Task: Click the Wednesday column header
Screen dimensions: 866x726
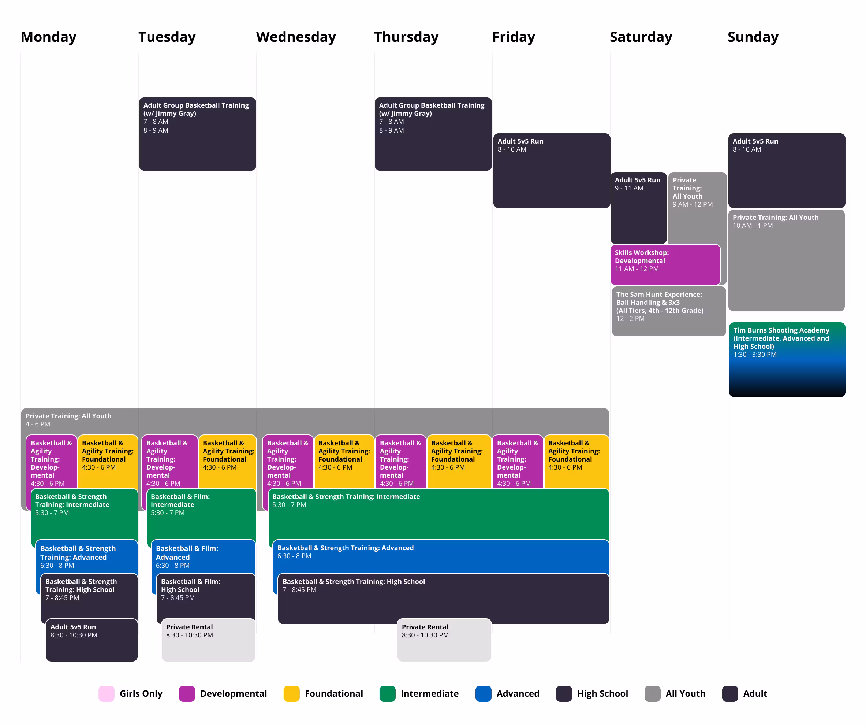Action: (x=296, y=37)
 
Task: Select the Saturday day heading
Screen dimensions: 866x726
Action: (x=641, y=37)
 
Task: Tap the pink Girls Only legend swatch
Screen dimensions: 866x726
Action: (x=107, y=693)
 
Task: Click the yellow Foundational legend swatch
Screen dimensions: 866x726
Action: (x=292, y=693)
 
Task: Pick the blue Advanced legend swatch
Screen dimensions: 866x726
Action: (x=483, y=693)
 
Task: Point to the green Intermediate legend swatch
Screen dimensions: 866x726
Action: (x=387, y=693)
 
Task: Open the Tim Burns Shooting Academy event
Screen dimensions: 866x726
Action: (x=787, y=359)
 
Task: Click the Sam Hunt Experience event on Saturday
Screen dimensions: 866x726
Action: (x=668, y=311)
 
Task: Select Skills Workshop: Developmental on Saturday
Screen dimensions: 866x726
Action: (x=665, y=264)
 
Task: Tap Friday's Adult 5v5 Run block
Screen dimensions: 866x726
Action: (x=551, y=170)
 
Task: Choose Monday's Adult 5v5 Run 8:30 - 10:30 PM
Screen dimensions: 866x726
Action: (x=92, y=640)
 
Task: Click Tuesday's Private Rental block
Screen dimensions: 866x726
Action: (x=208, y=640)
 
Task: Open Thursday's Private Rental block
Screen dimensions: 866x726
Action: (x=444, y=640)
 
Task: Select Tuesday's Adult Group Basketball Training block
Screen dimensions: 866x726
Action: (x=198, y=134)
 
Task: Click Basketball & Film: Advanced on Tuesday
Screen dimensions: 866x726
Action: (x=203, y=556)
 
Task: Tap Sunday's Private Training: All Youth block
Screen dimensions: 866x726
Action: (x=787, y=260)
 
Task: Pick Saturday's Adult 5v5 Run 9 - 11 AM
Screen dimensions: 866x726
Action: (x=638, y=208)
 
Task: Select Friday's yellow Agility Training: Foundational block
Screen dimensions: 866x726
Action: (x=576, y=462)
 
